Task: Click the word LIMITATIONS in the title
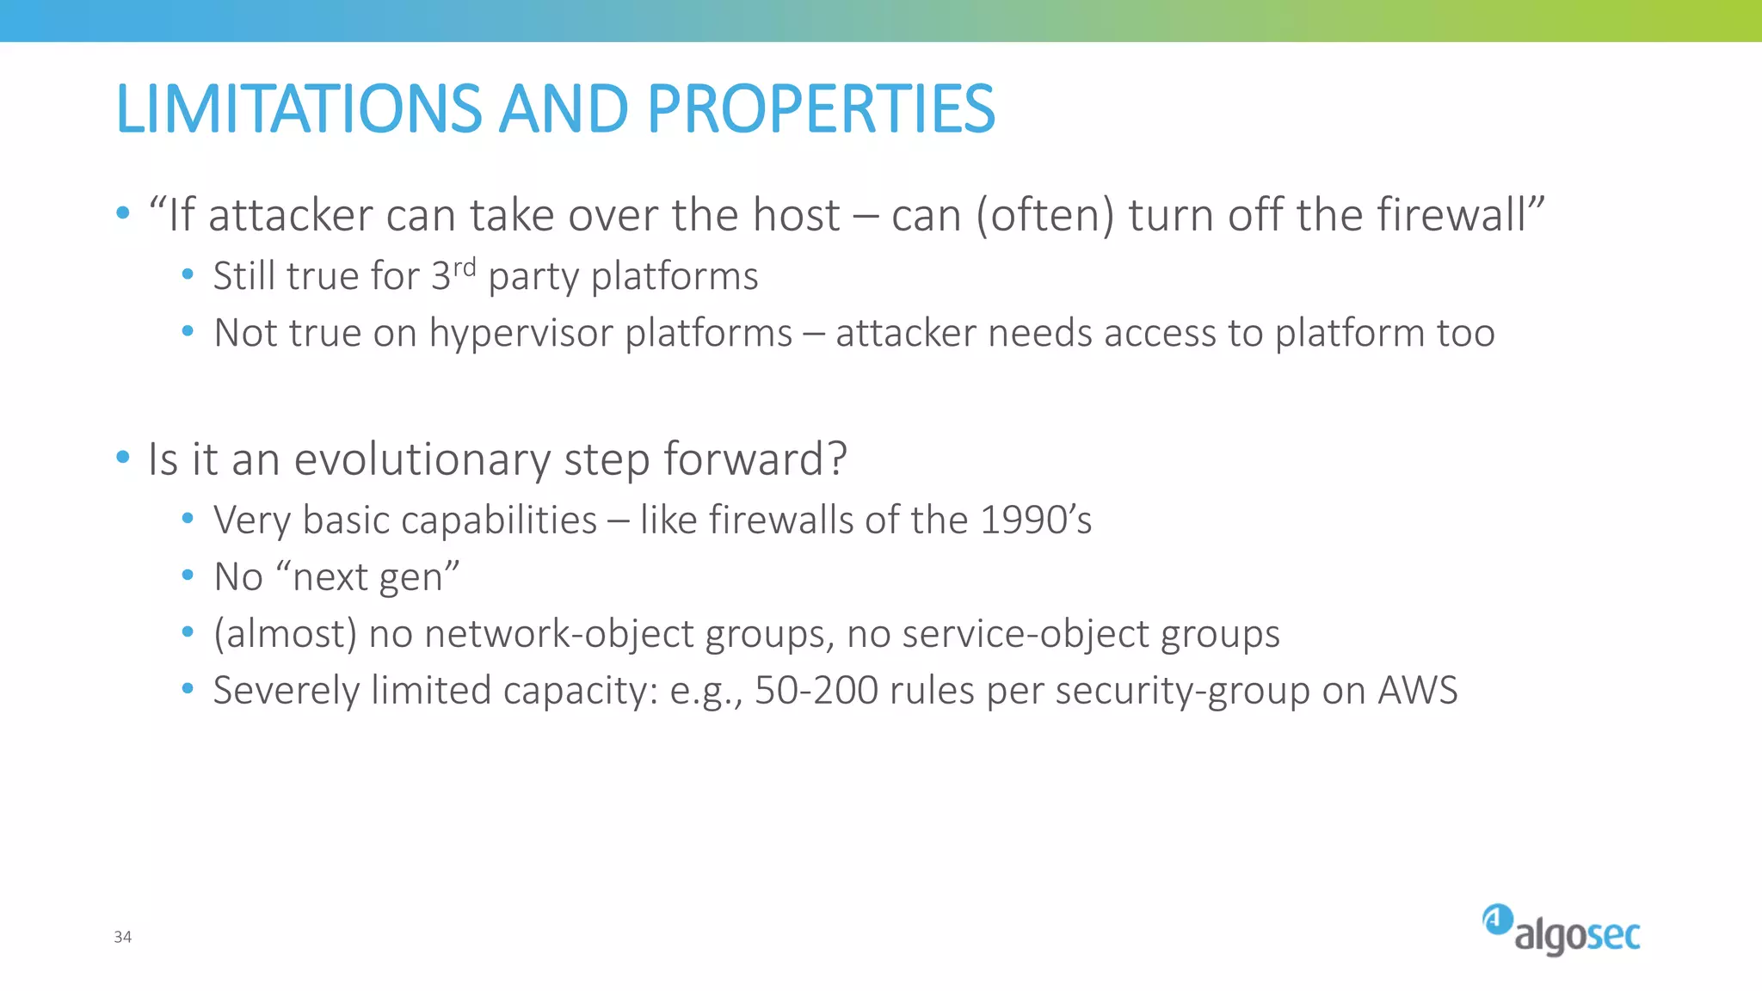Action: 298,109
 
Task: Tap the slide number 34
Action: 122,937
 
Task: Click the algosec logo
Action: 1561,931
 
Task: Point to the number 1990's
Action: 1035,520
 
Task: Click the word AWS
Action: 1417,691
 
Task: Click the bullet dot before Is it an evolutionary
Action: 123,457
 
